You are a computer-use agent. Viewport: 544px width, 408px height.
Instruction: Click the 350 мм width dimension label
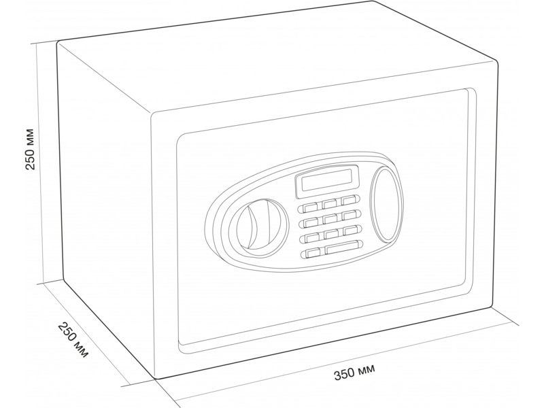(x=354, y=371)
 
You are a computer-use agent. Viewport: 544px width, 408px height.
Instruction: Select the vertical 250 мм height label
(x=31, y=149)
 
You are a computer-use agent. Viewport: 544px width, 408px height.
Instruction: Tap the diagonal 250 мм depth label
(x=73, y=339)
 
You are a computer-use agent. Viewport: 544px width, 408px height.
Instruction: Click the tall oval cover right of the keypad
(x=385, y=205)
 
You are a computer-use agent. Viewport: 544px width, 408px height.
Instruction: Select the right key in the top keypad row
(x=349, y=200)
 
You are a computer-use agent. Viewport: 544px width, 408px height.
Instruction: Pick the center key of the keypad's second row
(x=330, y=219)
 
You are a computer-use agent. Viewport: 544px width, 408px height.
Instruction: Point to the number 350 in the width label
(x=344, y=373)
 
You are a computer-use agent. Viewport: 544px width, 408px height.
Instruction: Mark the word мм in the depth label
(x=82, y=350)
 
